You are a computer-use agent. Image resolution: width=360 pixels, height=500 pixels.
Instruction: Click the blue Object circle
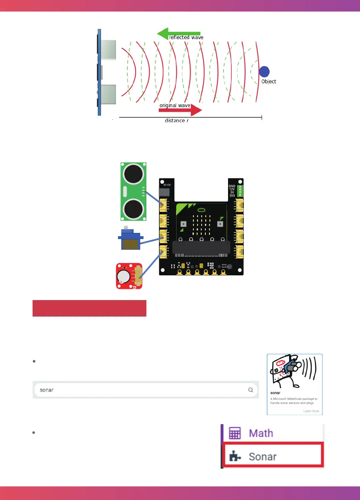[x=264, y=72]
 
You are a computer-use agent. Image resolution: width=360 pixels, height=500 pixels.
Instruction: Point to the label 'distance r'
[x=177, y=121]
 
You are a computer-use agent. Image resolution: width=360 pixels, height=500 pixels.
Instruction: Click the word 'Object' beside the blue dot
[x=268, y=82]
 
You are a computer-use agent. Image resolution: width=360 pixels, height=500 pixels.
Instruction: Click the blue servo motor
[x=130, y=240]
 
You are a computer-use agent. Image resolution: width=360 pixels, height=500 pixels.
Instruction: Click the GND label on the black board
[x=231, y=186]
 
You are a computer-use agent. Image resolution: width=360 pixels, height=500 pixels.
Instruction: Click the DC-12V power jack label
[x=167, y=185]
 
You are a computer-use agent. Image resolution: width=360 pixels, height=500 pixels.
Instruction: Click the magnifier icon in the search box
[x=250, y=389]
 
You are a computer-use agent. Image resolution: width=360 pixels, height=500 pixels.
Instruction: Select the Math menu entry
[x=261, y=433]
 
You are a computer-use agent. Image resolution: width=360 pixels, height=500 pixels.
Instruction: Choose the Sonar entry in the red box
[x=263, y=456]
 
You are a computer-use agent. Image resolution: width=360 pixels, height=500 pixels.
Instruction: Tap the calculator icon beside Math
[x=235, y=433]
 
